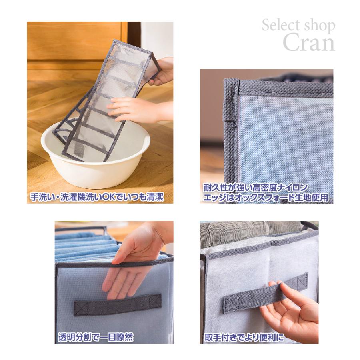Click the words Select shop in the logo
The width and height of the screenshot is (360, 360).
click(298, 26)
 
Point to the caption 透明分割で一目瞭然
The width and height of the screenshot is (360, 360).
click(96, 337)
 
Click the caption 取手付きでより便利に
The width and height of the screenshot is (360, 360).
click(243, 337)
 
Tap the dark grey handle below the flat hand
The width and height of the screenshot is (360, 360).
click(118, 305)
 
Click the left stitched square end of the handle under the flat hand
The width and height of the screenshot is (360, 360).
click(82, 308)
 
